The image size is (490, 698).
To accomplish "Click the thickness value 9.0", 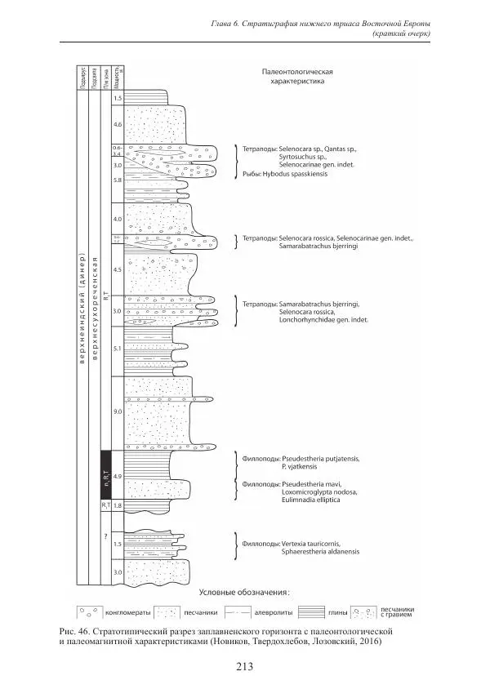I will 118,413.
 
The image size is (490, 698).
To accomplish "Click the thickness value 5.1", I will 118,349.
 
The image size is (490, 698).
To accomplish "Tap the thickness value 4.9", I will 118,476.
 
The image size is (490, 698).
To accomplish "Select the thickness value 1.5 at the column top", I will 118,99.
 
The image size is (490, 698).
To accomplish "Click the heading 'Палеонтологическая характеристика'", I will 297,77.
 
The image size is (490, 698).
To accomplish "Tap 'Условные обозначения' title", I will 246,592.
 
